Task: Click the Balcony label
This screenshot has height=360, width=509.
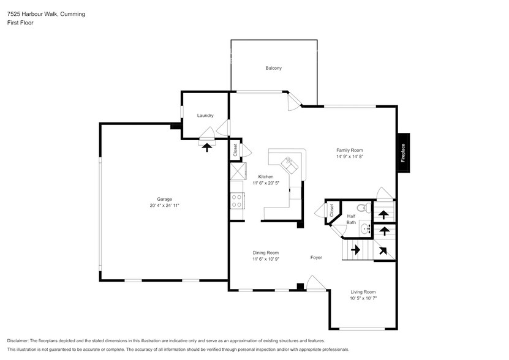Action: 273,68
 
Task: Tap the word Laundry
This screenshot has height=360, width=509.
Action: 205,116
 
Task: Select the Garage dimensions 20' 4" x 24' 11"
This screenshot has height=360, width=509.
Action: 164,205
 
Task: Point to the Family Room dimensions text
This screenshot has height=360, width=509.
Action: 350,157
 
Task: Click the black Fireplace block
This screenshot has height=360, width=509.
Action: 403,152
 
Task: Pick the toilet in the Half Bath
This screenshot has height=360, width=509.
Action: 361,208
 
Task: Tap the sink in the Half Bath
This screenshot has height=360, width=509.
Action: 364,229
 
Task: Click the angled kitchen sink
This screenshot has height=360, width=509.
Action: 287,163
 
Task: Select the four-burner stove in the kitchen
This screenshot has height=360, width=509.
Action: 236,200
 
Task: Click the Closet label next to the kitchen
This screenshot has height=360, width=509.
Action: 235,149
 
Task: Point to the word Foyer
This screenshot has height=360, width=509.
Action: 315,258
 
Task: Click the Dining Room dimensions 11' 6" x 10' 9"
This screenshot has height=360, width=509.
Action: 266,259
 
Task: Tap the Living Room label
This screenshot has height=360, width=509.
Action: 363,292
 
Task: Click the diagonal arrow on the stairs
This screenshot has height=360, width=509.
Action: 383,250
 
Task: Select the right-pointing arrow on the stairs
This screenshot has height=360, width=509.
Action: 355,250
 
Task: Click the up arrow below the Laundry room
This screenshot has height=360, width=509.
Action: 206,147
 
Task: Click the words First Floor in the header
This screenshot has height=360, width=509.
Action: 20,23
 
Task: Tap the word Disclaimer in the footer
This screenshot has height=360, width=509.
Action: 20,340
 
